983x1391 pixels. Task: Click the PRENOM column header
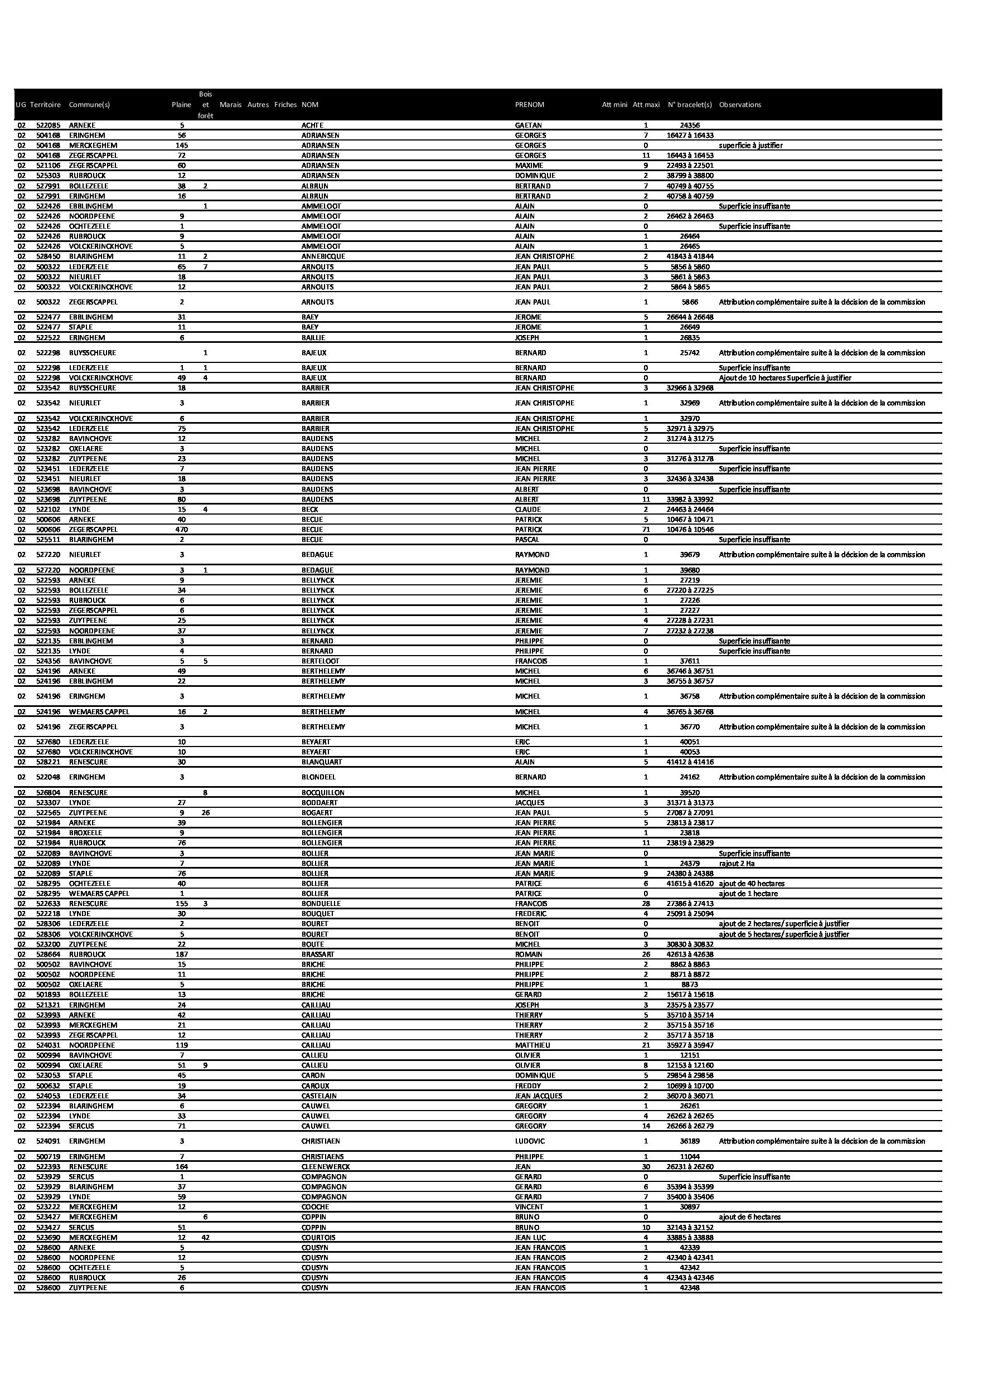(x=529, y=105)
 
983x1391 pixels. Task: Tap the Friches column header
(x=285, y=105)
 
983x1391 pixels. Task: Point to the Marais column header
(x=230, y=105)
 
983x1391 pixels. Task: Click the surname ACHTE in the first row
(x=312, y=125)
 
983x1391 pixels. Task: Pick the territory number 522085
(x=49, y=125)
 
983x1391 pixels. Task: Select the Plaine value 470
(x=181, y=530)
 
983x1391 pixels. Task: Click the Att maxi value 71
(x=646, y=530)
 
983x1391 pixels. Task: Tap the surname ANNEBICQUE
(x=323, y=256)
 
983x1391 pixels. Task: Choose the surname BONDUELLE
(x=321, y=903)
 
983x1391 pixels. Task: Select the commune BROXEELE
(x=85, y=833)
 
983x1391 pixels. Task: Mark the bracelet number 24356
(x=690, y=125)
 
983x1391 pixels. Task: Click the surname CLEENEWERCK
(x=326, y=1167)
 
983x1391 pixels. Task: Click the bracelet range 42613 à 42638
(x=690, y=954)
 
